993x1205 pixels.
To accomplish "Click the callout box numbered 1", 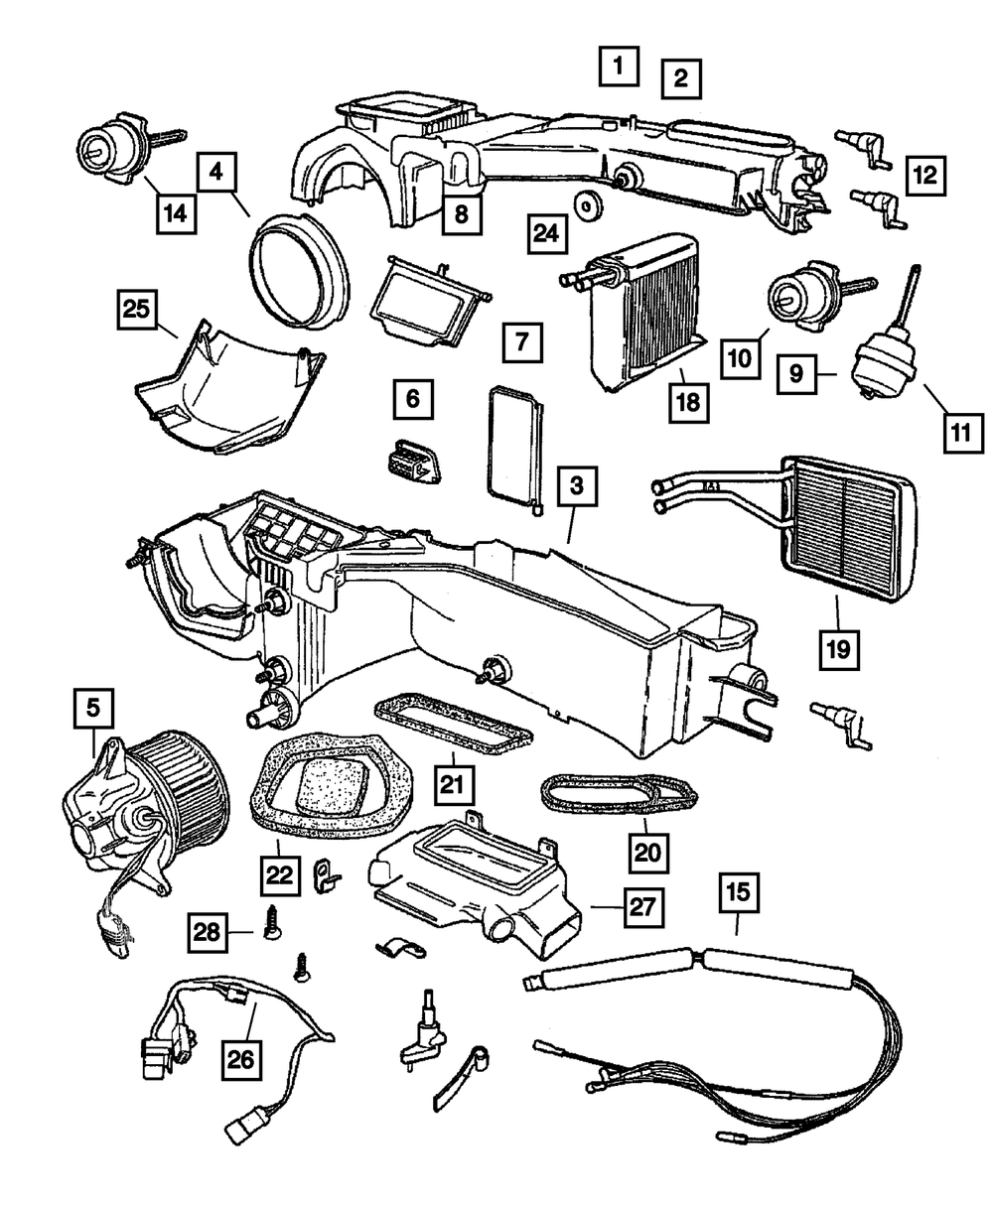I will coord(617,67).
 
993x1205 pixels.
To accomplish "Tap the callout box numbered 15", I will coord(736,898).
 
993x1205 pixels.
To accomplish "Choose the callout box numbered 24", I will coord(548,235).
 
